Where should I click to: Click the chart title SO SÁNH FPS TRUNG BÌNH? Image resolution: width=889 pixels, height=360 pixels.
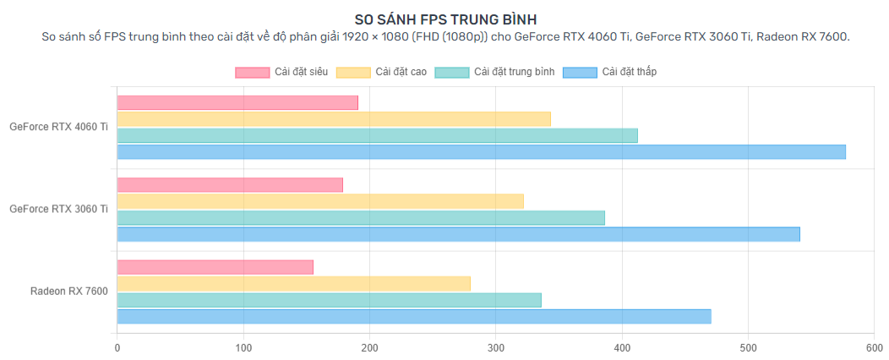pyautogui.click(x=444, y=19)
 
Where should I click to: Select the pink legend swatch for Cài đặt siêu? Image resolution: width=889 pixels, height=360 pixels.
pyautogui.click(x=252, y=72)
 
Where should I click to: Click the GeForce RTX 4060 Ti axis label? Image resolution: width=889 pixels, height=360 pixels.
pyautogui.click(x=58, y=127)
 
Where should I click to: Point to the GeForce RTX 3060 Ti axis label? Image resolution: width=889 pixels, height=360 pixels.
pyautogui.click(x=58, y=209)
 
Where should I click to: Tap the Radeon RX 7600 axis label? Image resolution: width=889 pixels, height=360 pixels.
pyautogui.click(x=68, y=292)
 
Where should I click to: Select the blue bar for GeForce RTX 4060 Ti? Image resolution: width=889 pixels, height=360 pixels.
pyautogui.click(x=481, y=152)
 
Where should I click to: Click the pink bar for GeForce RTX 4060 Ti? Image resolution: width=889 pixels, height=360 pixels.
pyautogui.click(x=237, y=103)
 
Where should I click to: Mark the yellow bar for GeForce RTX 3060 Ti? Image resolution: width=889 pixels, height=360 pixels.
pyautogui.click(x=320, y=201)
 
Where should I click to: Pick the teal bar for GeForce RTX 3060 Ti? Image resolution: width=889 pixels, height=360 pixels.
pyautogui.click(x=361, y=218)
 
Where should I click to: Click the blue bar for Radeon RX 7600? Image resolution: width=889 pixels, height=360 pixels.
pyautogui.click(x=414, y=317)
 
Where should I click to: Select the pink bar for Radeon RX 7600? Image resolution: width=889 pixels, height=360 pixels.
pyautogui.click(x=215, y=267)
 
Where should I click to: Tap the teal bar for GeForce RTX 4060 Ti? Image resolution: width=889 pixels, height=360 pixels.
pyautogui.click(x=377, y=135)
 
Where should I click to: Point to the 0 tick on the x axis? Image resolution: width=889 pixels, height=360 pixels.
pyautogui.click(x=117, y=346)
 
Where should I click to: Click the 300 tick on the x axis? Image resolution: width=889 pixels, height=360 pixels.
pyautogui.click(x=496, y=346)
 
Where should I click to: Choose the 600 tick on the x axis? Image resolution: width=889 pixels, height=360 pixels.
pyautogui.click(x=875, y=346)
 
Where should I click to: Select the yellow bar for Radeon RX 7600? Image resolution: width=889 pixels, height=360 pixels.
pyautogui.click(x=293, y=284)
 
